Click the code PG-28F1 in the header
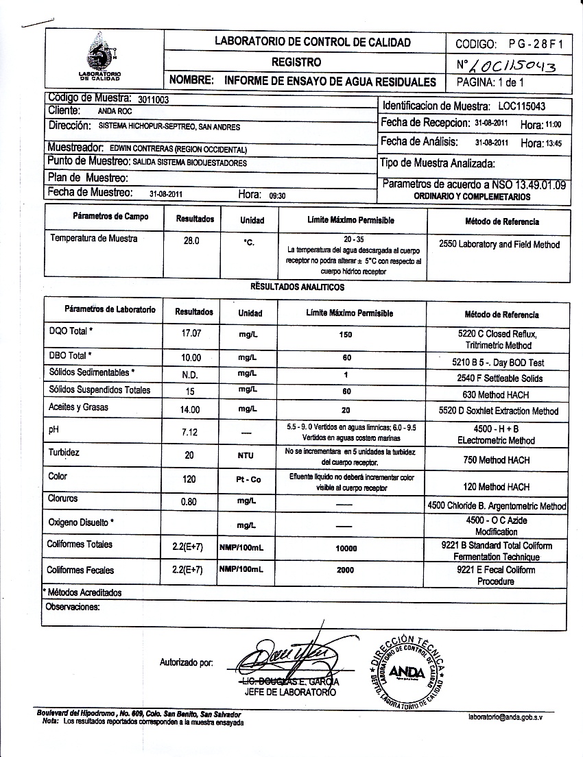536,44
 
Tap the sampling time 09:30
277,195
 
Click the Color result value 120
189,479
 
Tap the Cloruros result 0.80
189,501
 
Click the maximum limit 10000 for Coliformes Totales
347,549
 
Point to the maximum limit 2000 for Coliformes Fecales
347,570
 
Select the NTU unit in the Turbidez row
246,455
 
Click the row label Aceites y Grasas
79,407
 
